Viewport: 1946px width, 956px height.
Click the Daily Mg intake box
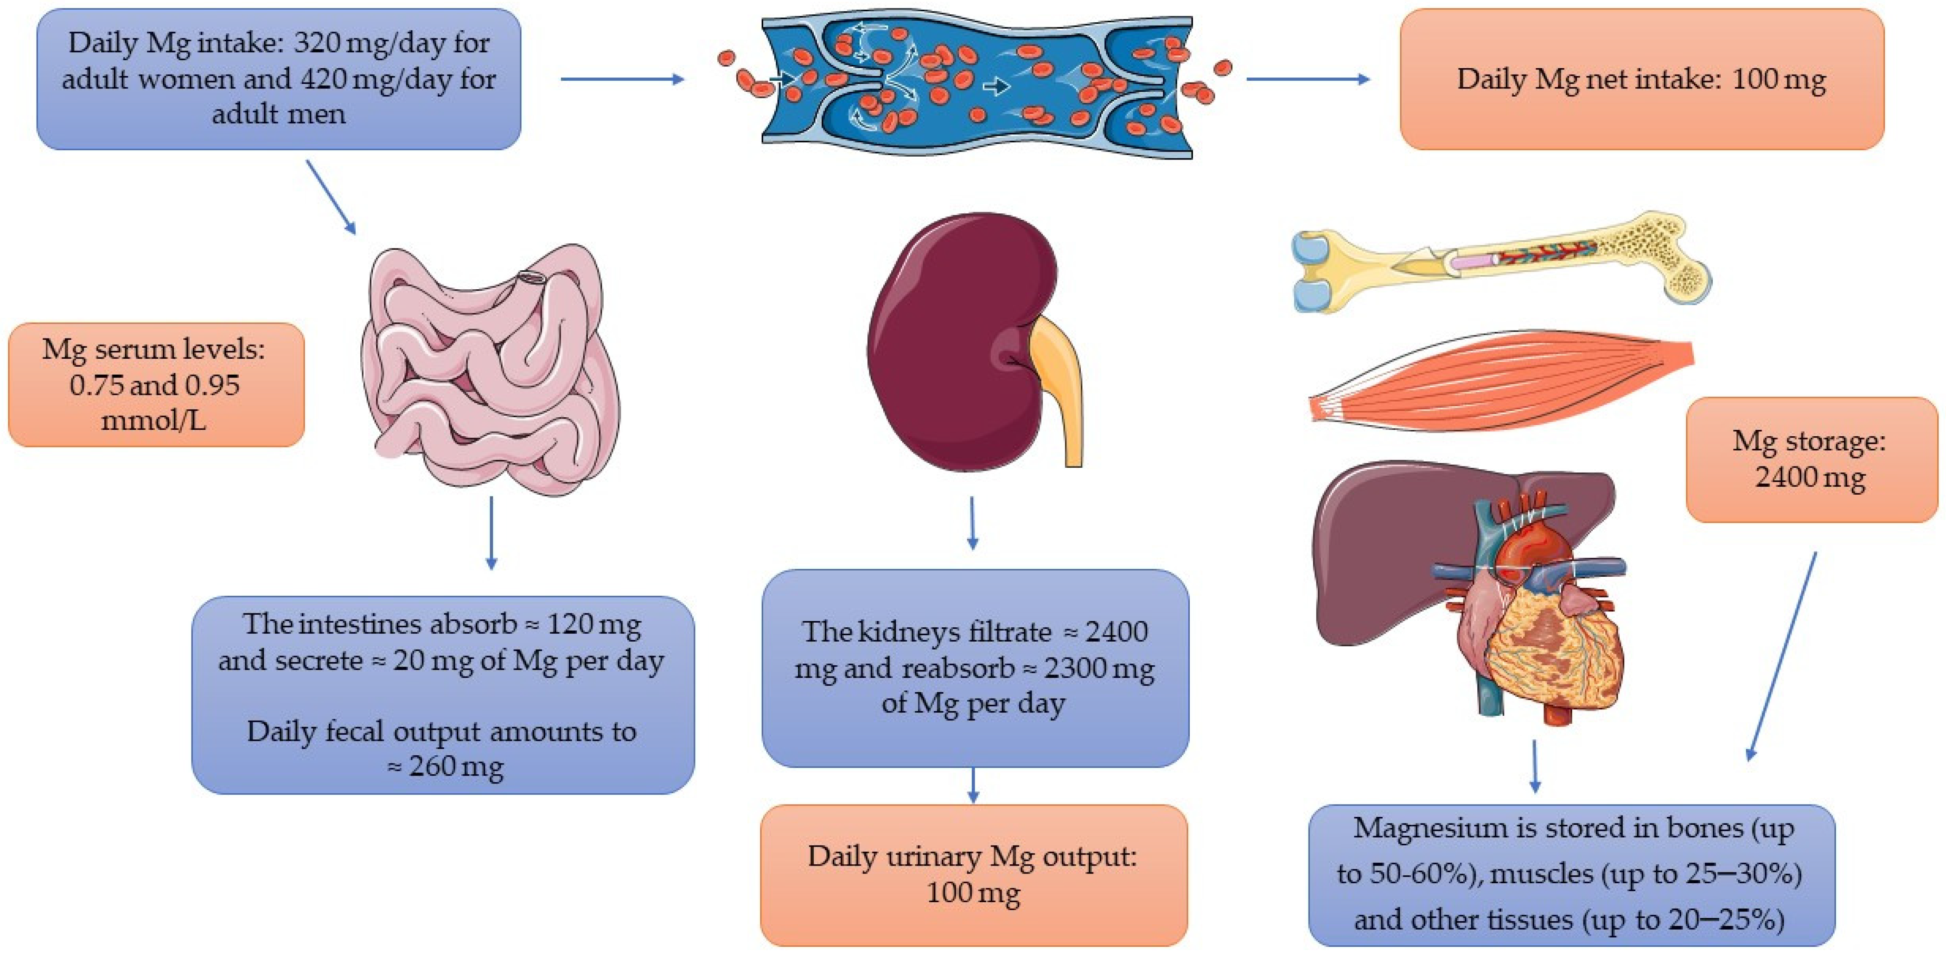278,78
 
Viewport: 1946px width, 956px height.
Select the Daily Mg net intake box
1641,78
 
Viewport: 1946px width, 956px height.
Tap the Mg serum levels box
156,384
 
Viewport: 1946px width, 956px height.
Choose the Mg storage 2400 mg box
1810,459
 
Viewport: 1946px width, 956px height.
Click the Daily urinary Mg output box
973,874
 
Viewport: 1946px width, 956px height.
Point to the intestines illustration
491,370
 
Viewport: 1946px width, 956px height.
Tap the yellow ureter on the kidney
1061,385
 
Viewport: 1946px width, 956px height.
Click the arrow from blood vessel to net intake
1307,78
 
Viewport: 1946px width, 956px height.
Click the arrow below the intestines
491,532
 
